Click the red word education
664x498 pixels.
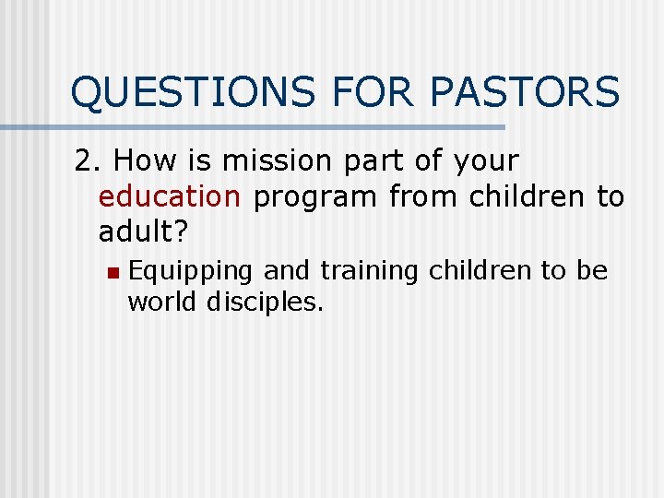(x=169, y=196)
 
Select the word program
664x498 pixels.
(x=314, y=197)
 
